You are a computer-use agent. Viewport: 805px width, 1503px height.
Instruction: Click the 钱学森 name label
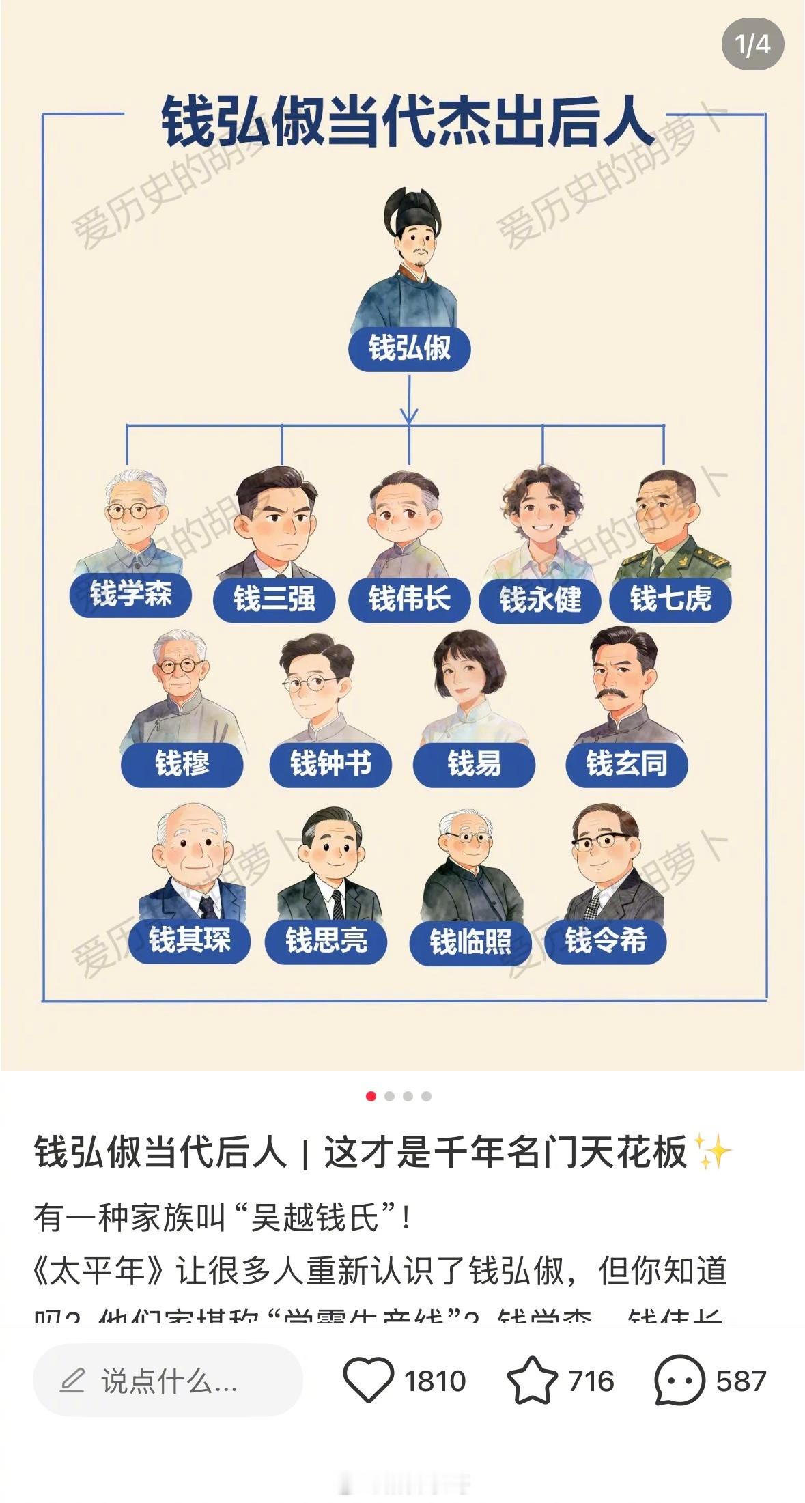(130, 594)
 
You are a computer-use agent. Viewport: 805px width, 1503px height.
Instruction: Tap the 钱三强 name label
(274, 599)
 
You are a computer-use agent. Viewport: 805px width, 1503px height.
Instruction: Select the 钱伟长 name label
(409, 599)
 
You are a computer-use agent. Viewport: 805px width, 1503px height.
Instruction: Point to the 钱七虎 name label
(670, 599)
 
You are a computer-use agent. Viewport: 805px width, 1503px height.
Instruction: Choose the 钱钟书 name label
(330, 763)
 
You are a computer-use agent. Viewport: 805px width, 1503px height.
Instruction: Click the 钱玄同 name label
(626, 763)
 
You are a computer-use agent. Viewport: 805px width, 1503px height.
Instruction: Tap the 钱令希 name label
(605, 941)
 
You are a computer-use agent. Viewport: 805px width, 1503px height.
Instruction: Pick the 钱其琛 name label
(189, 941)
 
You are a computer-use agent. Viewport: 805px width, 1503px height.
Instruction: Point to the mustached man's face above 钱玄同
(622, 676)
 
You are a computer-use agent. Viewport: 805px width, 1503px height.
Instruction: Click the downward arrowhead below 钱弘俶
(409, 415)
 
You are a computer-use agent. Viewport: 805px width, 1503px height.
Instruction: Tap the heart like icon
(368, 1380)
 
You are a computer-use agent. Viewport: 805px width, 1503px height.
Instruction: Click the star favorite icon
(532, 1380)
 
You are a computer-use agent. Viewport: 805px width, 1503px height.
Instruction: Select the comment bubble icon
(679, 1380)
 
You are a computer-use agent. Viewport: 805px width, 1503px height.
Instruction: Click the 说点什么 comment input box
(167, 1380)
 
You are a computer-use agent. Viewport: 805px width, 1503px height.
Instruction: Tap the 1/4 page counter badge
(752, 44)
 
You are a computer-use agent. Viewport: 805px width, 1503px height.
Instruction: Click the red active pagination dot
(371, 1096)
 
